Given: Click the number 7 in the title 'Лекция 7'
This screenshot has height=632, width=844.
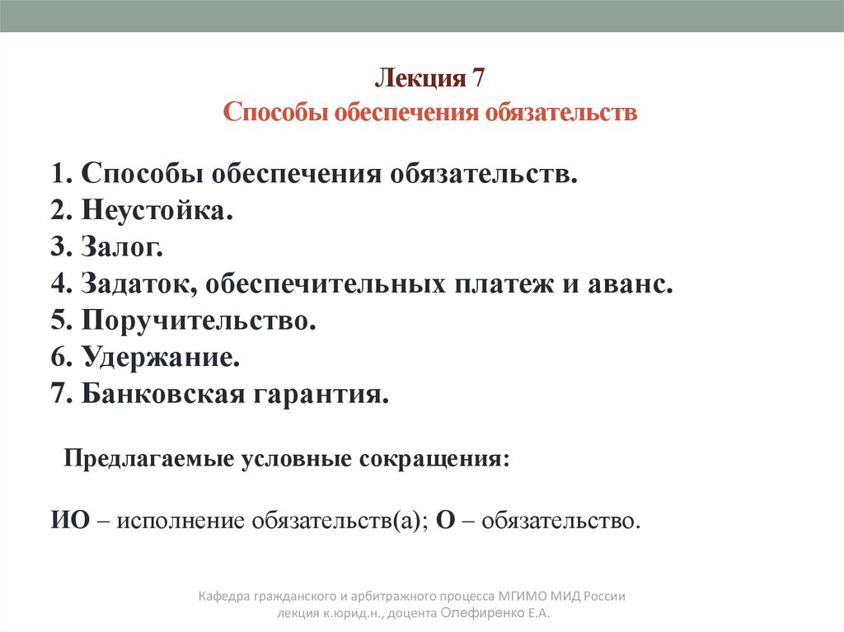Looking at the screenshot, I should [478, 79].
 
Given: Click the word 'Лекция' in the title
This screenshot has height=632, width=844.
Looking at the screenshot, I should [420, 79].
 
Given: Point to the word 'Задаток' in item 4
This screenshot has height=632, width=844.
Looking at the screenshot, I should [139, 284].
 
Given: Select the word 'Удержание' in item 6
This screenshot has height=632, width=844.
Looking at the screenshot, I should [161, 357].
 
